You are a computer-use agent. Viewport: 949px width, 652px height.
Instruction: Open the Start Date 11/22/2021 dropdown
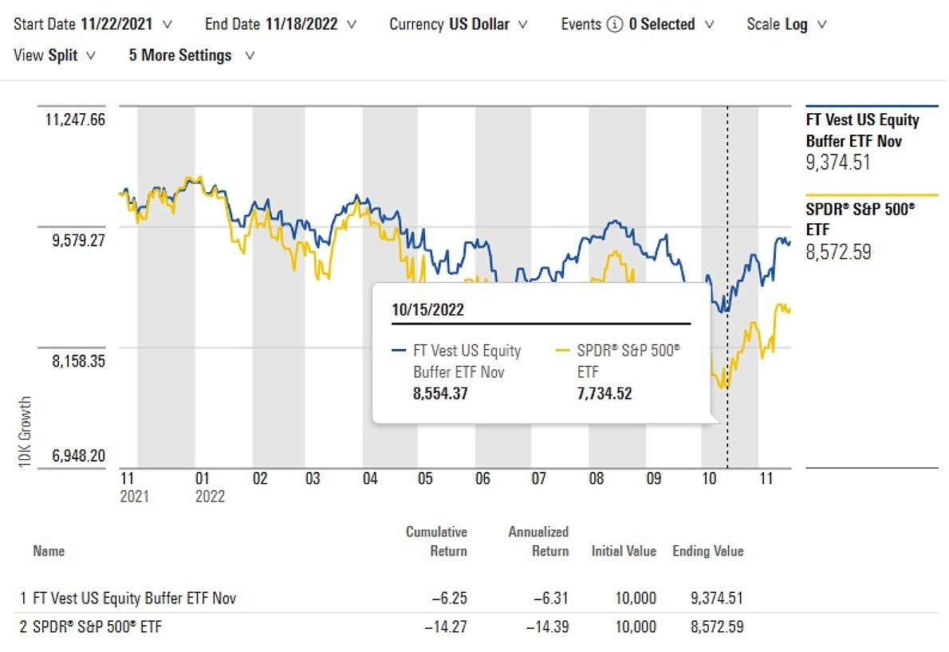tap(93, 24)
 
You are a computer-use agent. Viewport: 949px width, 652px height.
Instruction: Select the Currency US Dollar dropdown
tap(459, 24)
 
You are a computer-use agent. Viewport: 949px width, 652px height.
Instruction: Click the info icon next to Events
tap(614, 25)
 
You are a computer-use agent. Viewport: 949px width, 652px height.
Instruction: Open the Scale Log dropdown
tap(786, 24)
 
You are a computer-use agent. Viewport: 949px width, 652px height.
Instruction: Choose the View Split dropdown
tap(55, 56)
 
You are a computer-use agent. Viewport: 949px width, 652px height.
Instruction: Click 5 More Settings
tap(191, 56)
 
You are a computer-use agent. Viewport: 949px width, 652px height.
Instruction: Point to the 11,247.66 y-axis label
tap(76, 120)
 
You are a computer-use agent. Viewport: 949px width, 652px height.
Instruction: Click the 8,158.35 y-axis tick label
tap(79, 360)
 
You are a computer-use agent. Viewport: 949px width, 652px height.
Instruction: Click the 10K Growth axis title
tap(26, 430)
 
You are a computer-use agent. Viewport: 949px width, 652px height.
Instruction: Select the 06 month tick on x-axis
tap(482, 479)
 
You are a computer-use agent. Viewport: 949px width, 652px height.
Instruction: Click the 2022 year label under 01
tap(210, 497)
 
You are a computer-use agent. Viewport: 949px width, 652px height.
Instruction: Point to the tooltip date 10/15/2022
tap(428, 309)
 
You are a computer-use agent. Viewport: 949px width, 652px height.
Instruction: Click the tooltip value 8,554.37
tap(440, 393)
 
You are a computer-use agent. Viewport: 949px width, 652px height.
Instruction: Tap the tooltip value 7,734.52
tap(604, 393)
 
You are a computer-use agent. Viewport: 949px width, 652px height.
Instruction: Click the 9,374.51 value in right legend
tap(838, 163)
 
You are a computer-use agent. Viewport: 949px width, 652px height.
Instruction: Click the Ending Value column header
tap(707, 551)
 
